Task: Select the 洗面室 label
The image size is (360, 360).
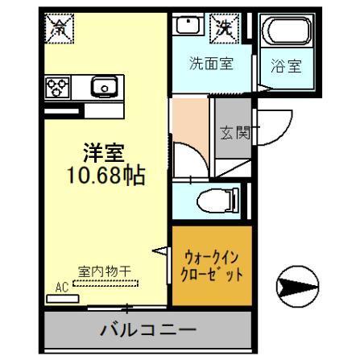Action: point(212,64)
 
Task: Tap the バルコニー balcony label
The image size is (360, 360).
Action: point(147,329)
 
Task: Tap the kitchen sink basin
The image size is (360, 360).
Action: point(104,85)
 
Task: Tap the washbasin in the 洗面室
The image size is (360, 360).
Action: point(187,26)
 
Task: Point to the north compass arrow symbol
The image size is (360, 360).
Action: point(291,285)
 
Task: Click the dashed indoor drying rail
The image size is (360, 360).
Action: point(106,283)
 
